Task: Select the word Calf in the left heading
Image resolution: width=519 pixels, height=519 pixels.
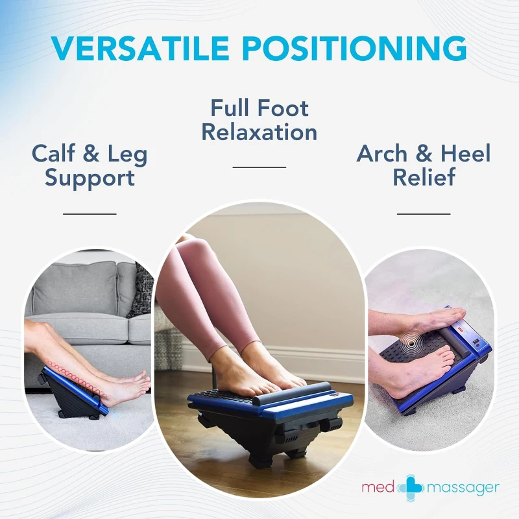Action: point(55,154)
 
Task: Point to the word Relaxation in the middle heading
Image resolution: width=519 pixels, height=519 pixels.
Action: point(259,132)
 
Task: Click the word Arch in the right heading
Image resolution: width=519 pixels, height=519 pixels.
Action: point(383,154)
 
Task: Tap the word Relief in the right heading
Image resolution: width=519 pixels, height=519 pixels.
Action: point(424,178)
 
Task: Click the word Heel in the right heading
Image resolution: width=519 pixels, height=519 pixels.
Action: point(465,154)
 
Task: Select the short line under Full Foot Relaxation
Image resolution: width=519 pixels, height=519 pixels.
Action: point(259,167)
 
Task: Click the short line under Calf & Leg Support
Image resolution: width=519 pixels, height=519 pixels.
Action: point(90,213)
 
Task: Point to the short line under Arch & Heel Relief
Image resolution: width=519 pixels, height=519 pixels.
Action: point(424,213)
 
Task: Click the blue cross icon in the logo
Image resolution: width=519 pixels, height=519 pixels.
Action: point(410,487)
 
